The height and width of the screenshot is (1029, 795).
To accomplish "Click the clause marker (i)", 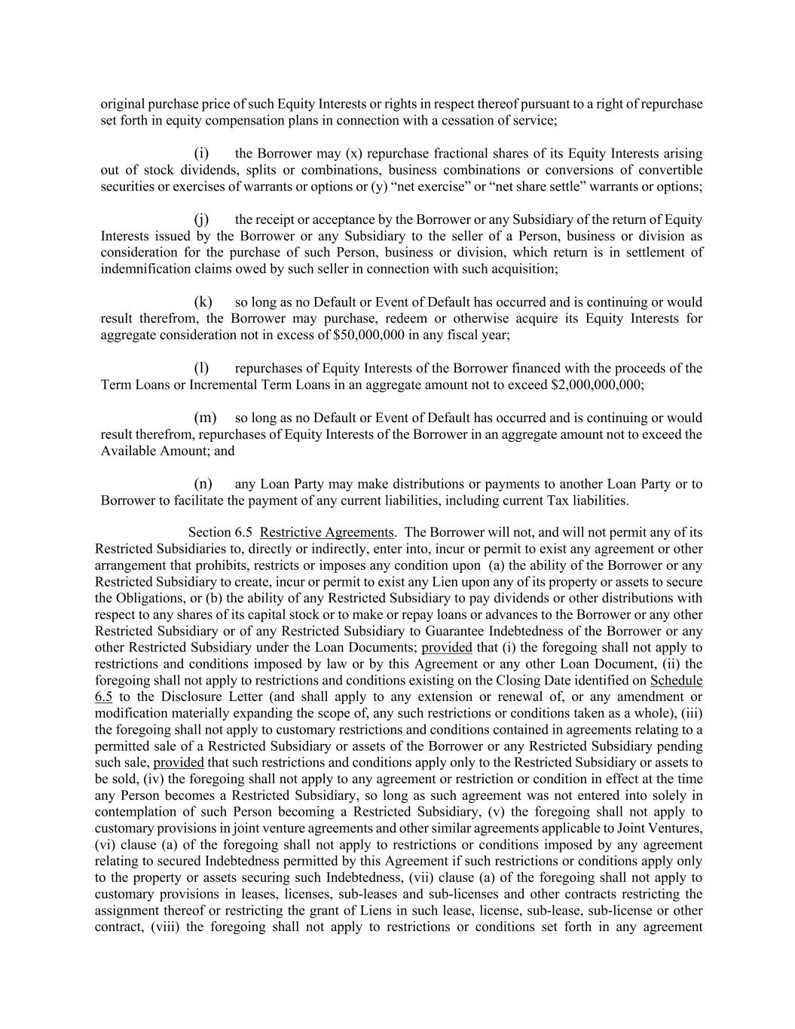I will point(201,154).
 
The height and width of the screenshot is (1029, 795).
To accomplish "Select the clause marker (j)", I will point(201,219).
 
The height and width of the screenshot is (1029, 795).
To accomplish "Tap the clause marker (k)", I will point(203,302).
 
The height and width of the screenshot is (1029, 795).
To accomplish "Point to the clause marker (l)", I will point(201,369).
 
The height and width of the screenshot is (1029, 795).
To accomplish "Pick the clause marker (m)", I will point(205,418).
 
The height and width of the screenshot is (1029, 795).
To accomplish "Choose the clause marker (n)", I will point(203,484).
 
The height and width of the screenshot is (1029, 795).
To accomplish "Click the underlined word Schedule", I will point(676,681).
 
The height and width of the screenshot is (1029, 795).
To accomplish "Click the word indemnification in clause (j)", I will point(142,269).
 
